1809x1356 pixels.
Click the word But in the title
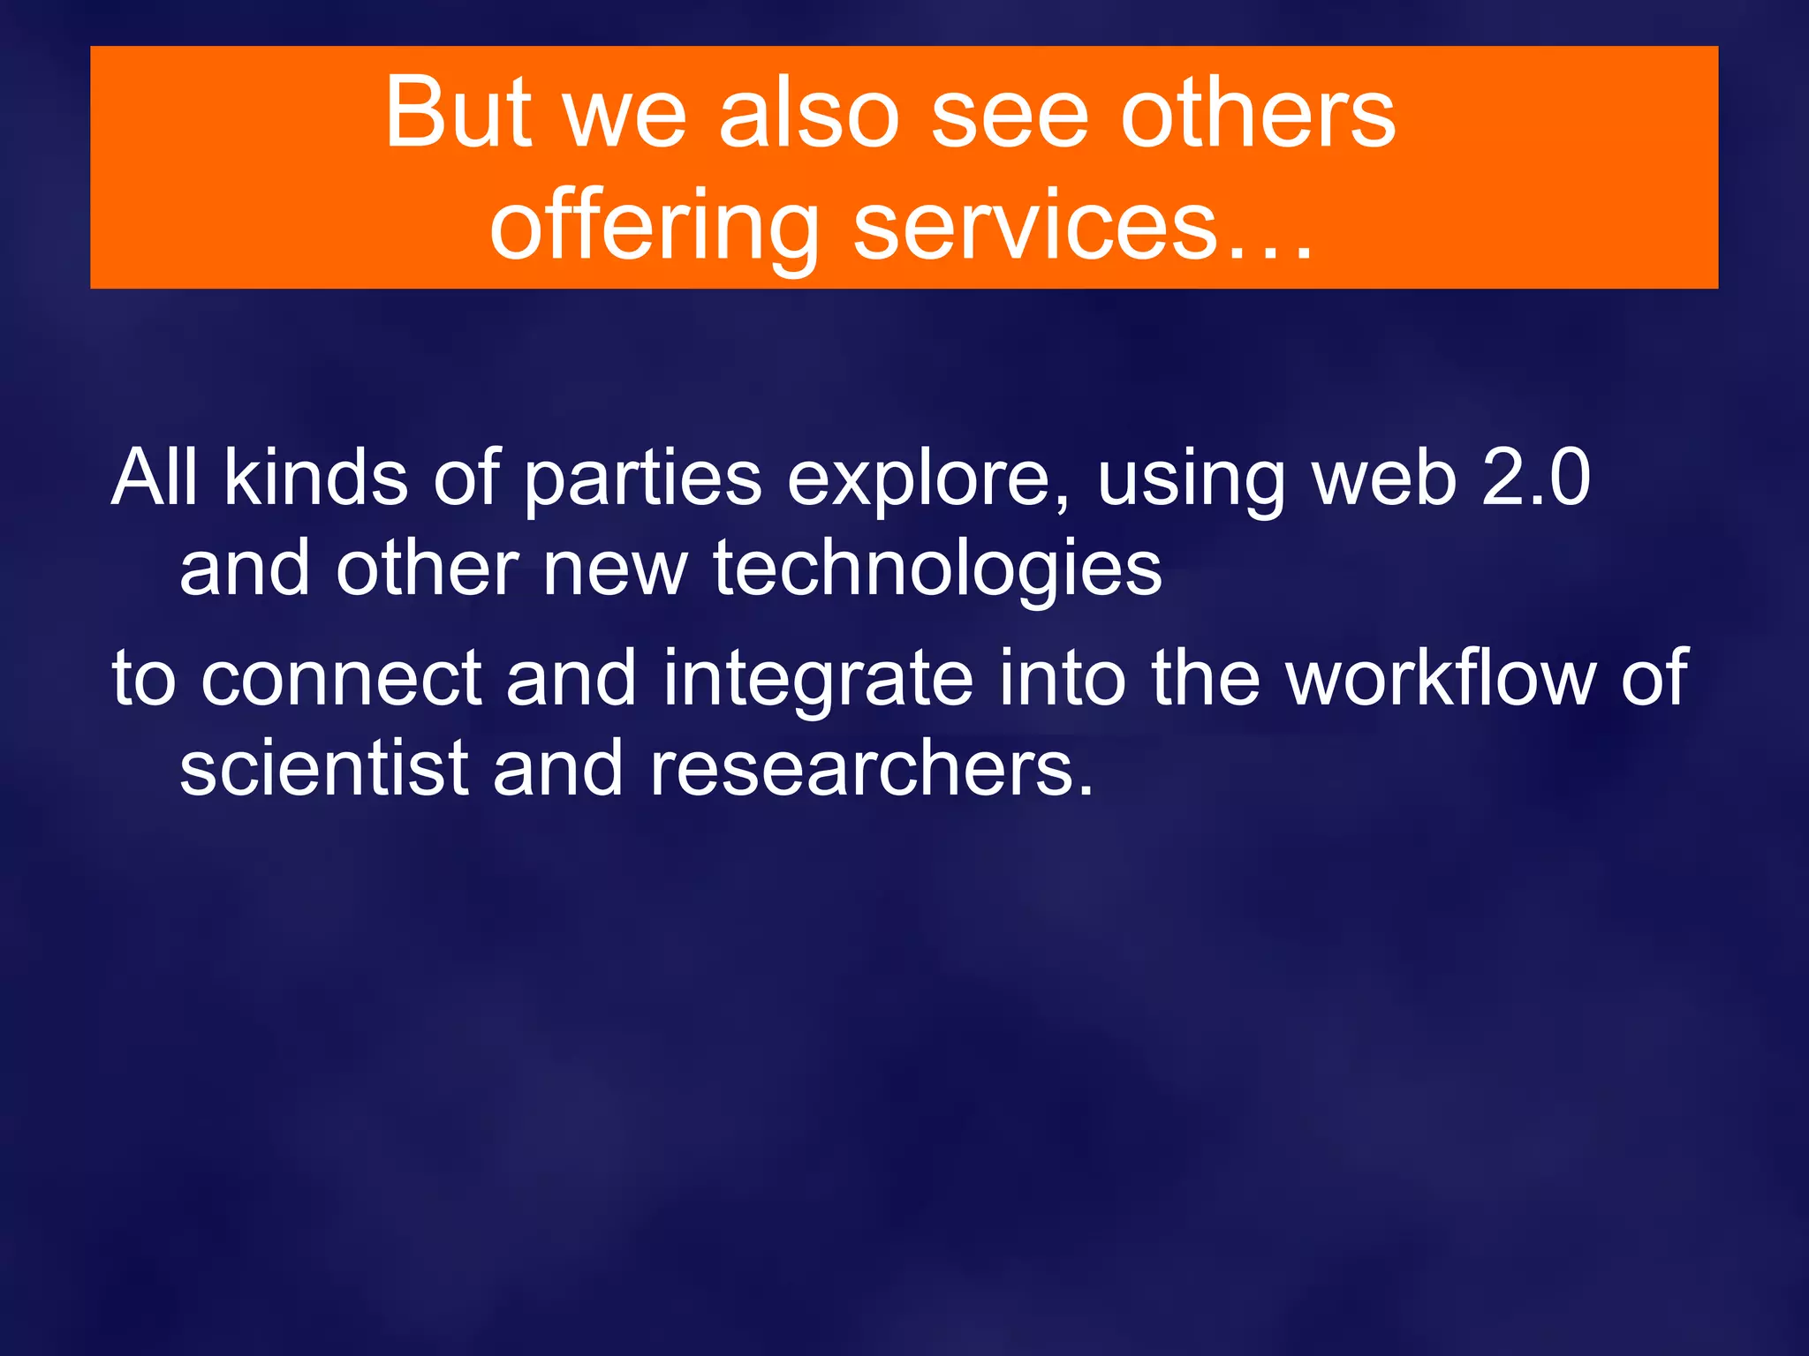(458, 113)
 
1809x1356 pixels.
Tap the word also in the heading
(808, 113)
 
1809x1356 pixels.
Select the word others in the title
(1258, 113)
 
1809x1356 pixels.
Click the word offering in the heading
(655, 228)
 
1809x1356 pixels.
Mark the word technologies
(937, 569)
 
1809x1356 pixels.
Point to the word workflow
(1440, 677)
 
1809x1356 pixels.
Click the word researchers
(871, 768)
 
